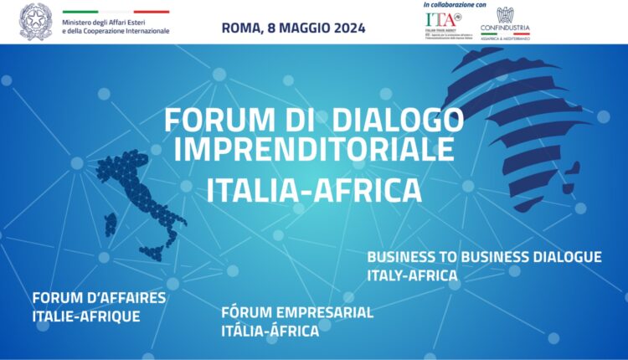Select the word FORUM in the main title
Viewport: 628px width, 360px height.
click(202, 120)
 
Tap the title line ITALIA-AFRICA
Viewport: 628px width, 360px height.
click(313, 189)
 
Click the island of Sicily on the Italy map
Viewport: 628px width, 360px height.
click(153, 250)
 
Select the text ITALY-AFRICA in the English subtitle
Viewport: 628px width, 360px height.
click(412, 275)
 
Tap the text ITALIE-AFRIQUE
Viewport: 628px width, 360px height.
click(85, 316)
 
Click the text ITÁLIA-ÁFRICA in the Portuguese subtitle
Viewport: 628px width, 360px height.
click(270, 331)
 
